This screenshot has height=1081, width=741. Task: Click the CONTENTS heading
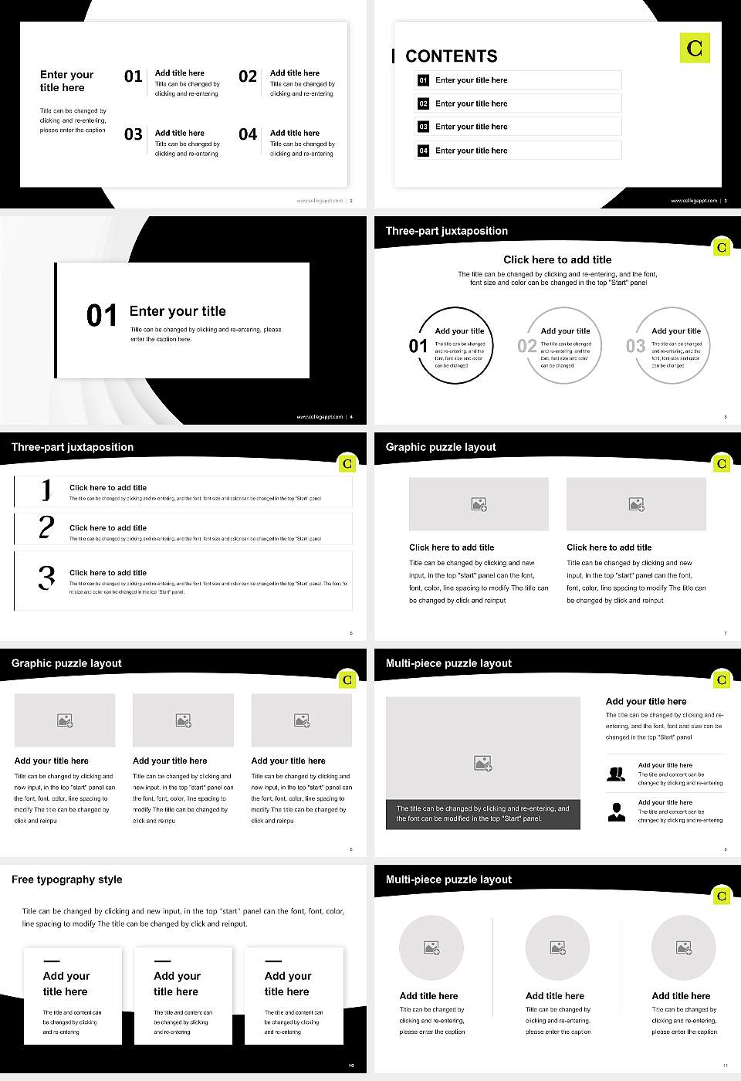[x=452, y=56]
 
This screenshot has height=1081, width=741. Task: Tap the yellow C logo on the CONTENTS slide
[x=695, y=48]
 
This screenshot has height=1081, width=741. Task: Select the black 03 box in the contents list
[x=423, y=127]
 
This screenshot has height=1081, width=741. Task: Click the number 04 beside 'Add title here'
[x=248, y=134]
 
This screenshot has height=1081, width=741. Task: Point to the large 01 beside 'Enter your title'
[x=101, y=315]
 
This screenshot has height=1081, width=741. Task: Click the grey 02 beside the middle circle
[x=527, y=346]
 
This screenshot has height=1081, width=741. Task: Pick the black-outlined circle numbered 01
[x=455, y=346]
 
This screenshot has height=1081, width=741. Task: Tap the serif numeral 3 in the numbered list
[x=47, y=578]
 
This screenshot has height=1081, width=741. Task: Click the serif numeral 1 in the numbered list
[x=47, y=490]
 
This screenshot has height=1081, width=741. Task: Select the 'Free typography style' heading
[x=67, y=879]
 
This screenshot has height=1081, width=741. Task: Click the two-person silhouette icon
[x=616, y=774]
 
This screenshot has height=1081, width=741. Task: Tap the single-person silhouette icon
[x=616, y=812]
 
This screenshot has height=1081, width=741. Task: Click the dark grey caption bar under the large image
[x=482, y=814]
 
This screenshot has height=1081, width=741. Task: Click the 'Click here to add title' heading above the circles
[x=557, y=259]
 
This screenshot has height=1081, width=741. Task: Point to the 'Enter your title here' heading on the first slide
[x=66, y=81]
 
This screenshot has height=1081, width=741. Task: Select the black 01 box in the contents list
[x=423, y=80]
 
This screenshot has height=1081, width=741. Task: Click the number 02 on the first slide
[x=248, y=76]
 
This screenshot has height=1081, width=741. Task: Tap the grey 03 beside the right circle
[x=635, y=346]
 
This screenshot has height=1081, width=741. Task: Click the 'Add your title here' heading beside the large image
[x=646, y=701]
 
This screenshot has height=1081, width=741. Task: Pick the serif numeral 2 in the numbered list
[x=46, y=527]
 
